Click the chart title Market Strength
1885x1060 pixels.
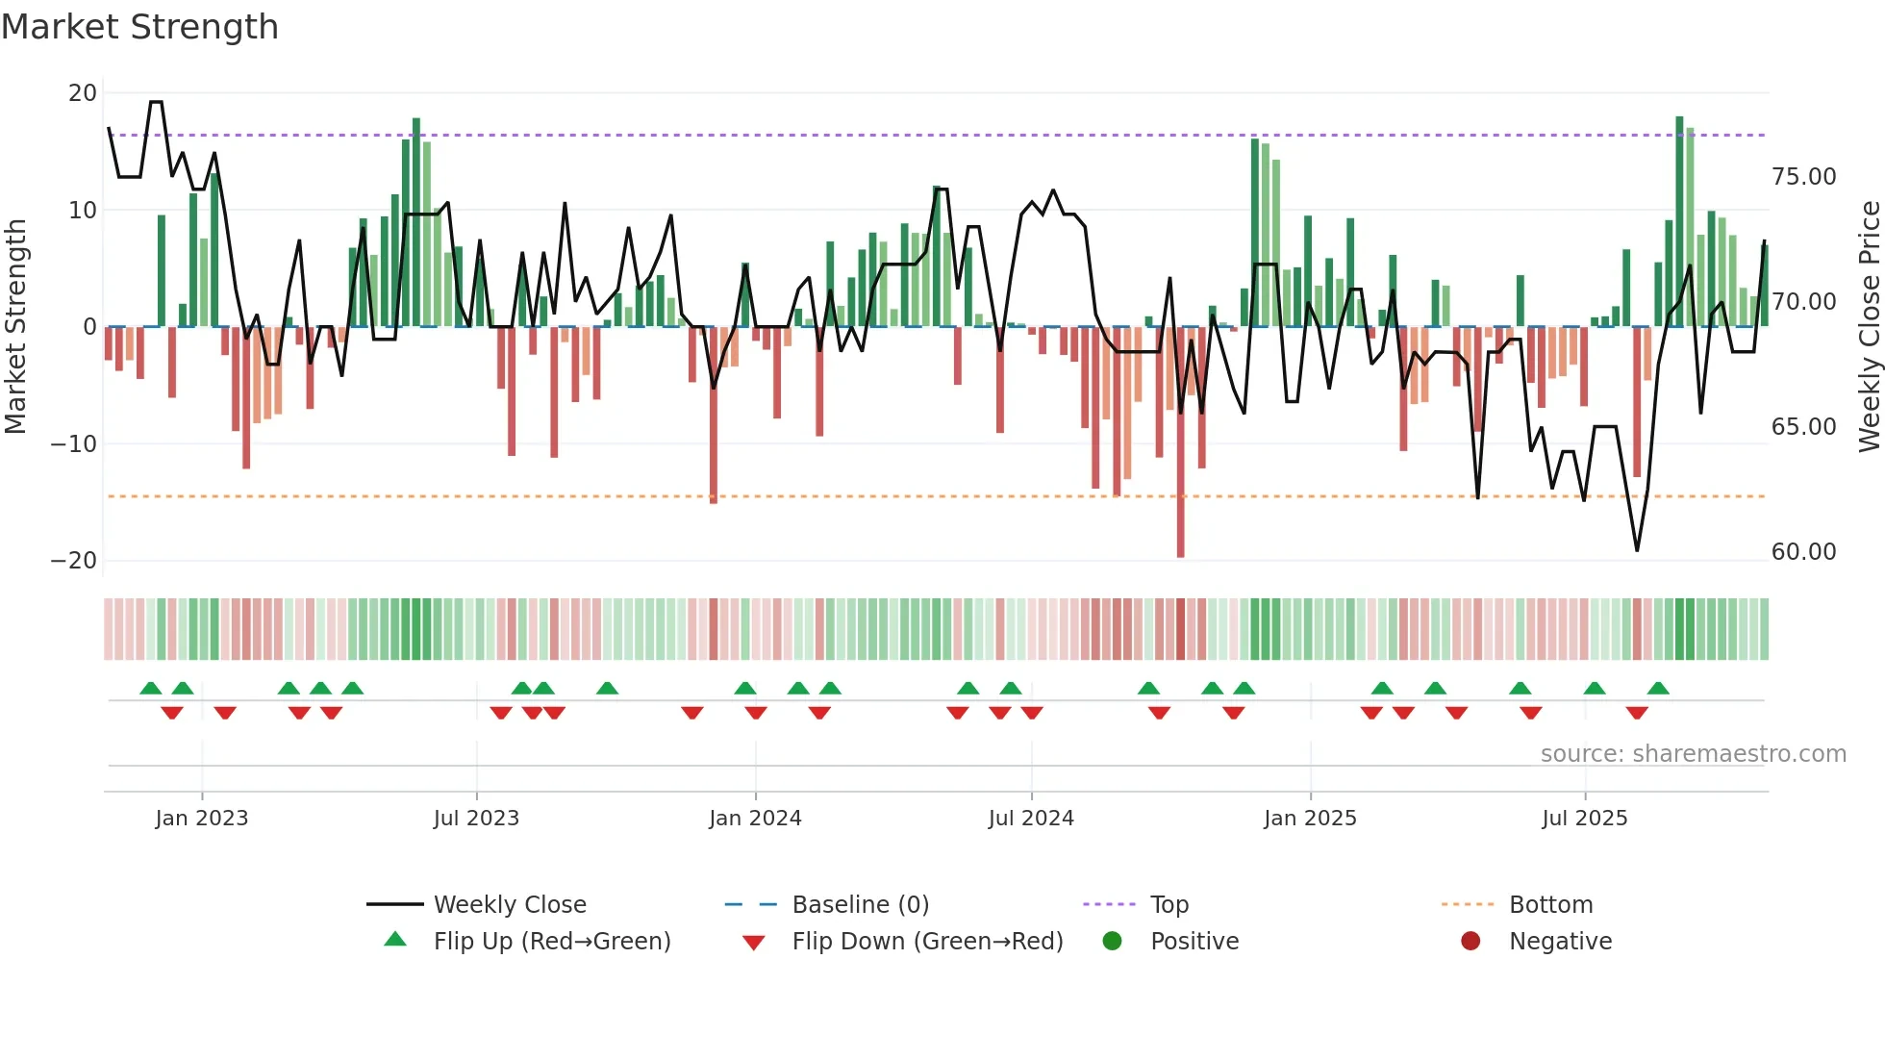coord(139,27)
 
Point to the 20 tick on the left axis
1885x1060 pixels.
coord(83,93)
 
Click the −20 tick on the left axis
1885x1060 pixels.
coord(74,561)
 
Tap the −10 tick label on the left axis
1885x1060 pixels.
coord(74,444)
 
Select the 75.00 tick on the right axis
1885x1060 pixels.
coord(1803,177)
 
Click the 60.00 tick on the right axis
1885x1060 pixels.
coord(1803,552)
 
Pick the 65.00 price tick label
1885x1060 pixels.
coord(1803,427)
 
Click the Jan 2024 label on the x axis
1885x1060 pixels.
coord(755,819)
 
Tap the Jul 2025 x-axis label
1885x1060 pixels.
coord(1584,819)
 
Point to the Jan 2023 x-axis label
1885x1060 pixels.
coord(202,819)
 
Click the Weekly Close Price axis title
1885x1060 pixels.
coord(1869,327)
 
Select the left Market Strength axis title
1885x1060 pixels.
coord(15,327)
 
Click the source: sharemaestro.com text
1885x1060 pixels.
coord(1693,754)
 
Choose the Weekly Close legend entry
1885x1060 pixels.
coord(510,905)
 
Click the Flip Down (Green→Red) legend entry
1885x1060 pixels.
coord(927,942)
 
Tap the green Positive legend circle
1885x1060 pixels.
coord(1113,942)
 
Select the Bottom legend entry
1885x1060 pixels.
coord(1550,905)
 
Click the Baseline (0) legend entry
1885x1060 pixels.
coord(860,905)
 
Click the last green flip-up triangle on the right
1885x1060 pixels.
coord(1658,689)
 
